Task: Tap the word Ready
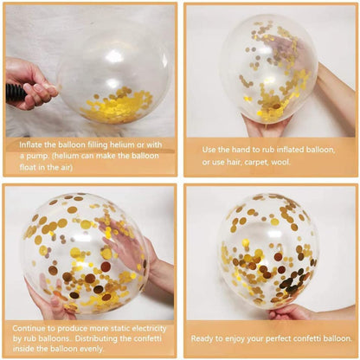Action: [205, 337]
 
